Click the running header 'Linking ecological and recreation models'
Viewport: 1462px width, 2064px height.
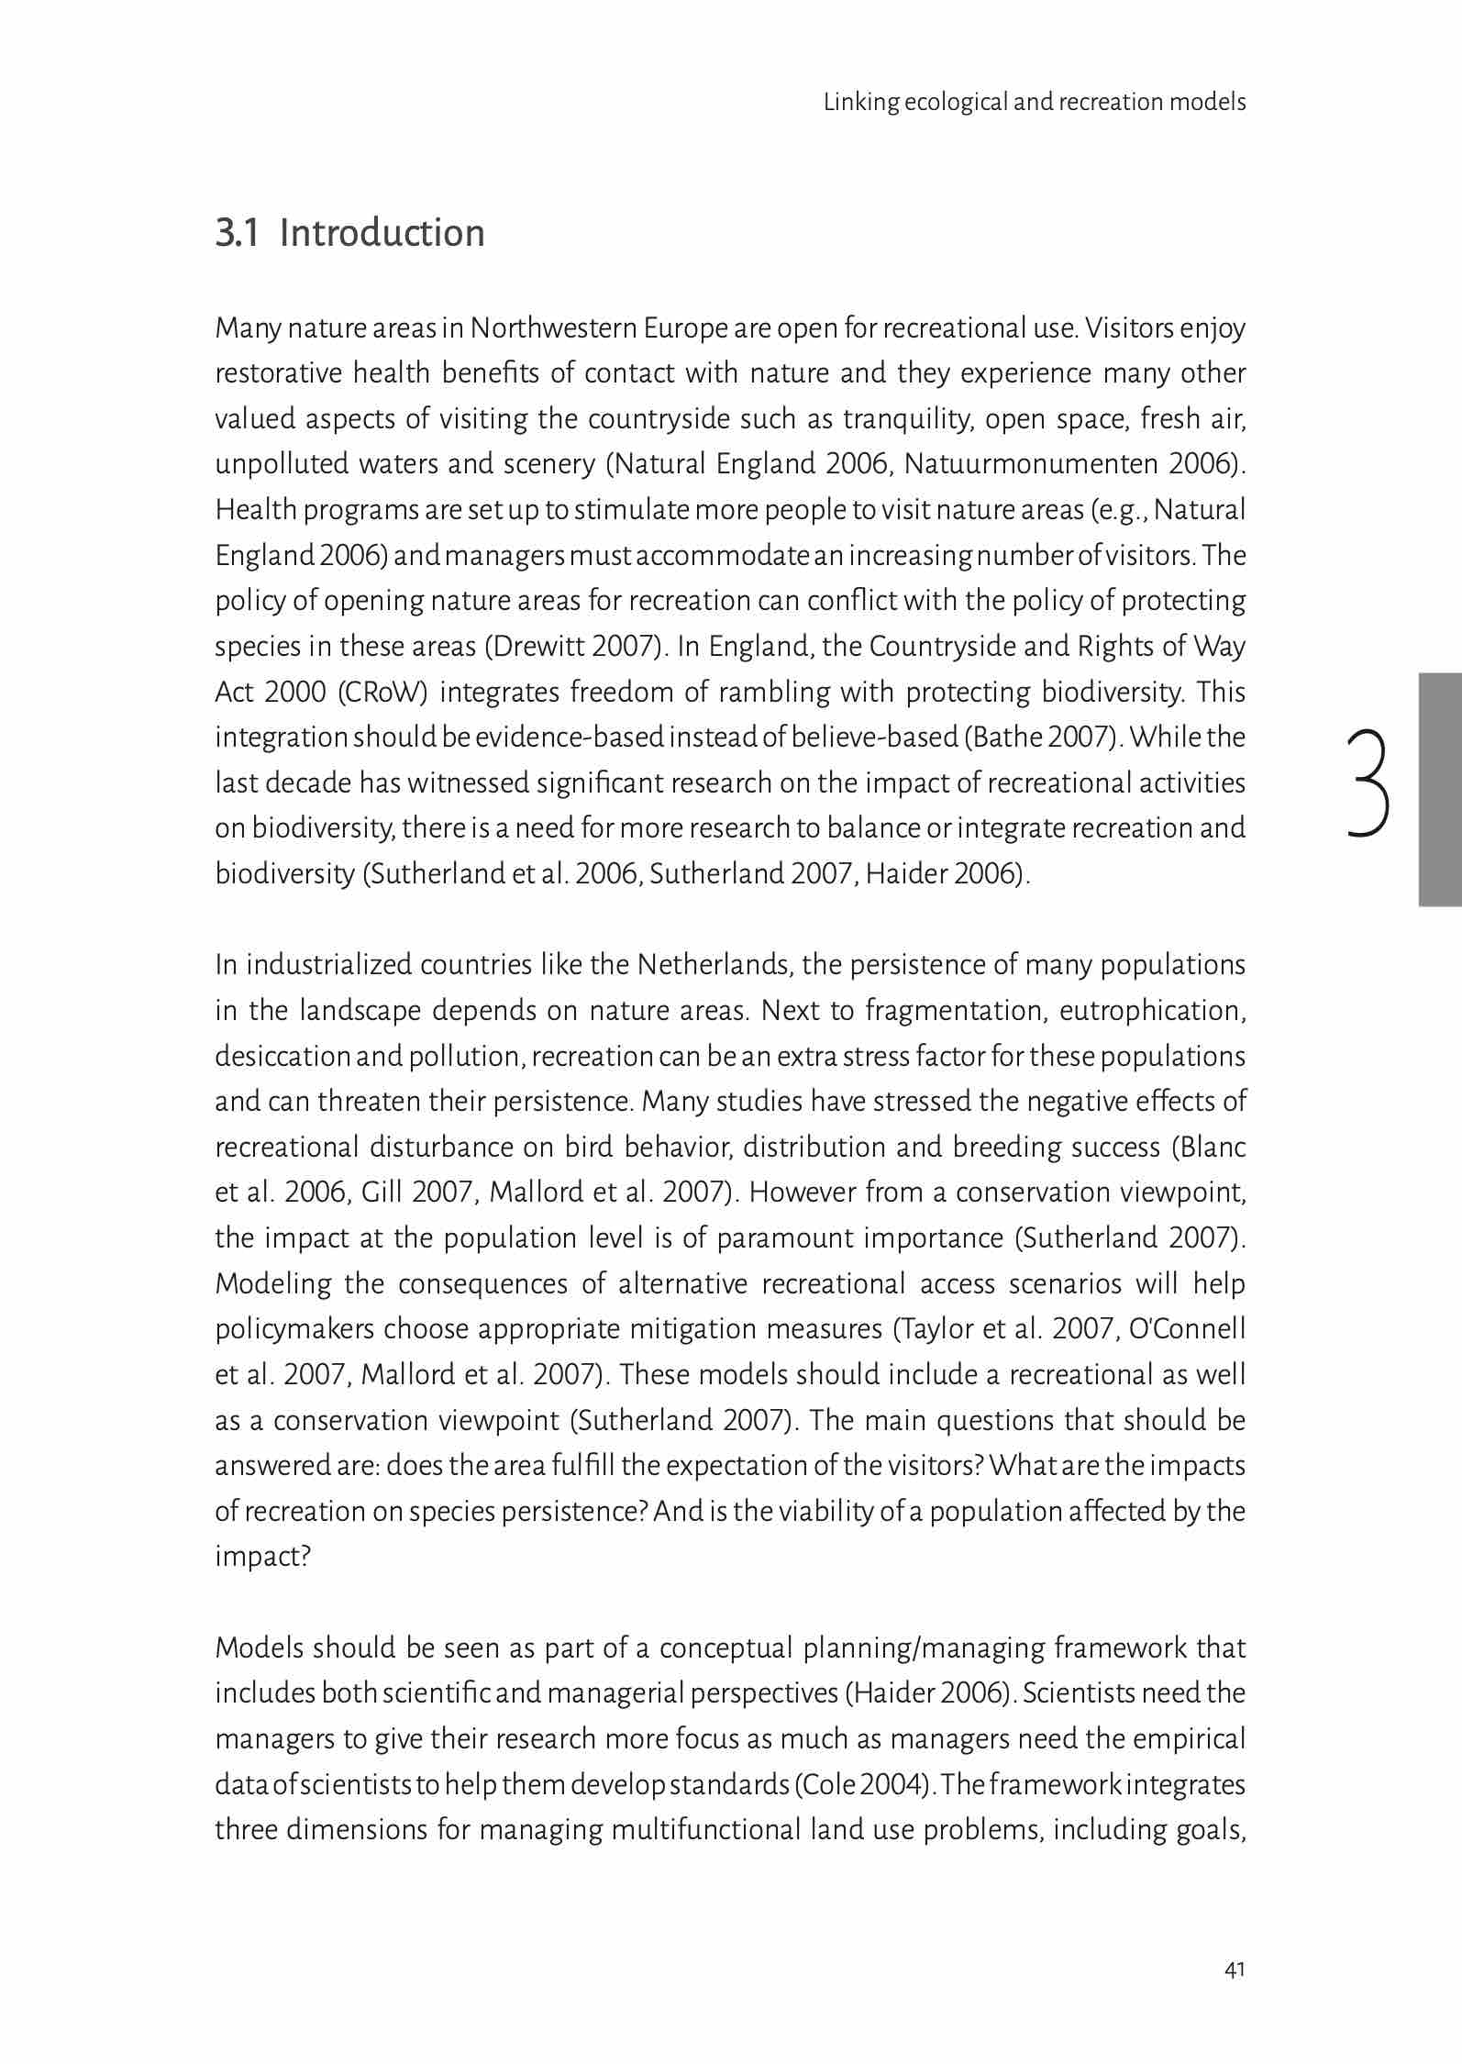click(x=1034, y=102)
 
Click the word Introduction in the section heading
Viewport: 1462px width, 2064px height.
click(x=382, y=233)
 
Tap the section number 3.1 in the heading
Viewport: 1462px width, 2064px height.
click(x=237, y=233)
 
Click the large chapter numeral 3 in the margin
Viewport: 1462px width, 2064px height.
click(x=1368, y=783)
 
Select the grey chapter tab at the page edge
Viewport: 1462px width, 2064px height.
click(x=1440, y=790)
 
